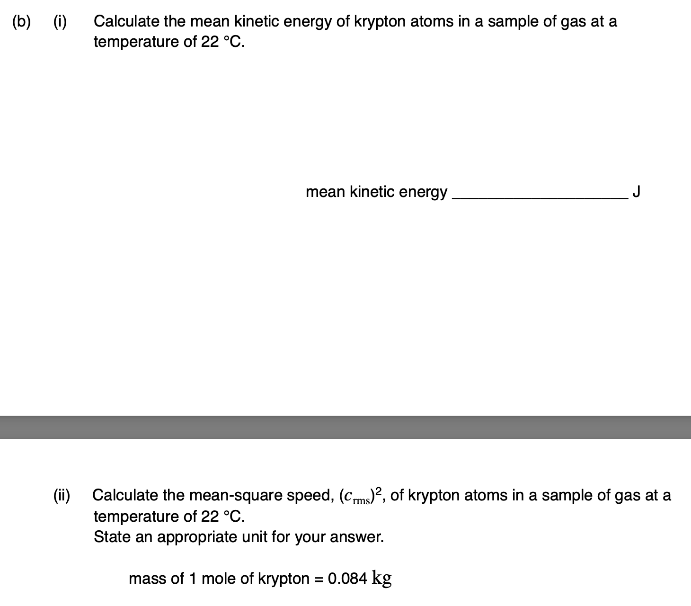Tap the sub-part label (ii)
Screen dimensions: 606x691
point(61,495)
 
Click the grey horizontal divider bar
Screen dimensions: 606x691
point(345,427)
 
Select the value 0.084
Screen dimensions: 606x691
point(347,579)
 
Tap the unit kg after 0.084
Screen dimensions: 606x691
point(382,579)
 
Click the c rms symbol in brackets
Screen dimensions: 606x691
point(356,497)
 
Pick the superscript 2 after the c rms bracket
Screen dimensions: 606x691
point(378,491)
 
